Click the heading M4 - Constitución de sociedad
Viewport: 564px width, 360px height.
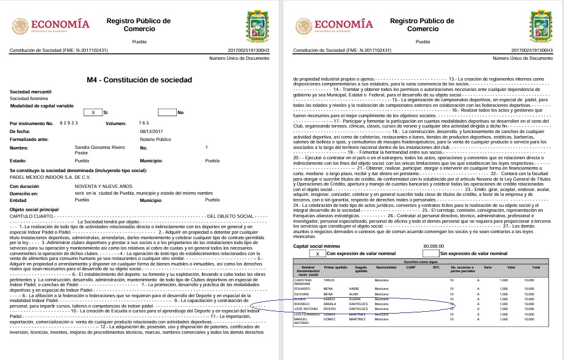click(140, 80)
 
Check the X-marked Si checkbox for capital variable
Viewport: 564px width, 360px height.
click(93, 113)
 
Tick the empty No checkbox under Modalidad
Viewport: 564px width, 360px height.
click(166, 113)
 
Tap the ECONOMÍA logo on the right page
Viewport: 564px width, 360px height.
click(334, 24)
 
